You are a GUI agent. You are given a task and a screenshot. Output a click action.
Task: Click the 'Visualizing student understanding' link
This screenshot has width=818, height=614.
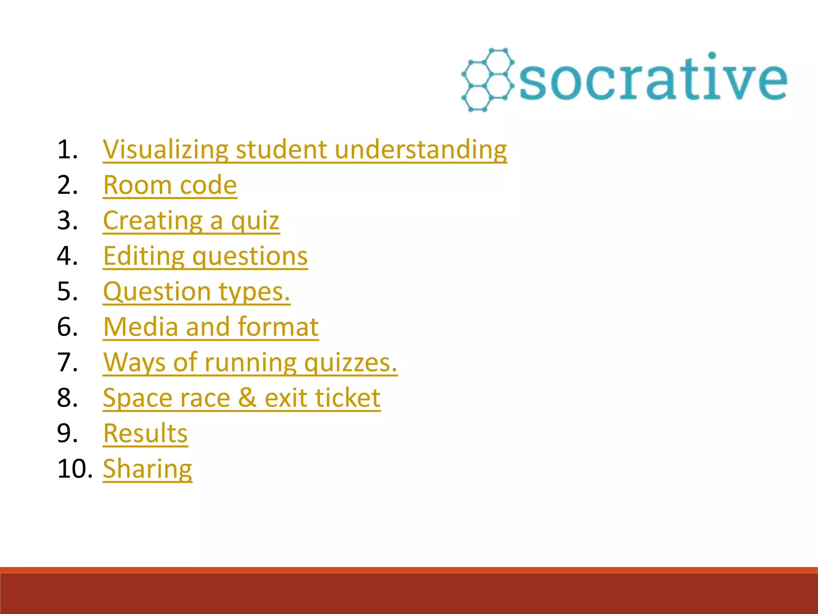click(304, 150)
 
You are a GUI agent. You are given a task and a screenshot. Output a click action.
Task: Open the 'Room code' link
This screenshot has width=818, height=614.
click(170, 185)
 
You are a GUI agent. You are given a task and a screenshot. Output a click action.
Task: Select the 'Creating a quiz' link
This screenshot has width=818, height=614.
click(191, 221)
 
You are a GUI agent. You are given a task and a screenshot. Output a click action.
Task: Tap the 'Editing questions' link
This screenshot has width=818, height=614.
click(205, 256)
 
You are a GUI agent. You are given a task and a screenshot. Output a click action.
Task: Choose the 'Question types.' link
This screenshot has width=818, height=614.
click(196, 291)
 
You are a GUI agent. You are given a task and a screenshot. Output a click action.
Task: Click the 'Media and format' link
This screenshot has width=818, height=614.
click(210, 327)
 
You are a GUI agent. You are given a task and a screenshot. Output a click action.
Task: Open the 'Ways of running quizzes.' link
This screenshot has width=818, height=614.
click(250, 363)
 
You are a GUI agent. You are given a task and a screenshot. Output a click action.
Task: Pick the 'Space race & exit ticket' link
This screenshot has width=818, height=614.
click(241, 398)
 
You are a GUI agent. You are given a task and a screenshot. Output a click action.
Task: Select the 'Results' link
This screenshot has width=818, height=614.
click(145, 433)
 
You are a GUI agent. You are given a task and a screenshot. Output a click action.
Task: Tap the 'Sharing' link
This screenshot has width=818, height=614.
click(147, 469)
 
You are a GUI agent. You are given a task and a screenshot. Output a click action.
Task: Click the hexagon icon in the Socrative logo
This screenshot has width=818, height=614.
click(487, 80)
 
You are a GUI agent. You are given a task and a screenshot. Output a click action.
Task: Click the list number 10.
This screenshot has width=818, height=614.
click(75, 469)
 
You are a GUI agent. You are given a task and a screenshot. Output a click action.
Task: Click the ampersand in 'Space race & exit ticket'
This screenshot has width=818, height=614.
click(247, 398)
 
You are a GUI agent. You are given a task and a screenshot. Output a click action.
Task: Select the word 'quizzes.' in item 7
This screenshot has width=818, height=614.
click(350, 363)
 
